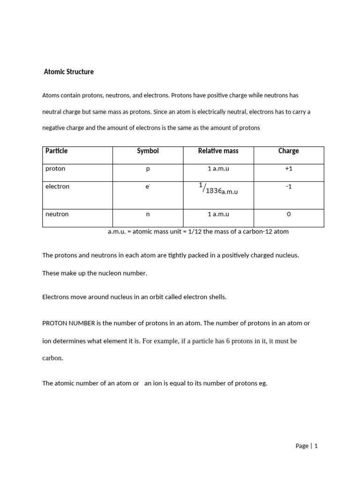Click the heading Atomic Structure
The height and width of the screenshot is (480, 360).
click(x=68, y=72)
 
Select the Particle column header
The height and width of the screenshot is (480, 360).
click(x=56, y=151)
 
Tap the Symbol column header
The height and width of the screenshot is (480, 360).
click(x=148, y=151)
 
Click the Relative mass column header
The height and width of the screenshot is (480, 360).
click(x=218, y=151)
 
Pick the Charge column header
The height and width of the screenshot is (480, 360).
click(x=288, y=151)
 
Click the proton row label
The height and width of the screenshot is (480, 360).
click(x=55, y=169)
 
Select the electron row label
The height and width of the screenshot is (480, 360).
click(x=57, y=187)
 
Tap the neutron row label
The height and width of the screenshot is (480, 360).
click(x=57, y=214)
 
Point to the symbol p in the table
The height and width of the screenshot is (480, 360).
click(x=148, y=169)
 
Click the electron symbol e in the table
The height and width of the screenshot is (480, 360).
click(x=148, y=187)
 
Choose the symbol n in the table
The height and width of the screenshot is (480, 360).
click(x=148, y=214)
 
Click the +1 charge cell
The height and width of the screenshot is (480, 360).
click(x=288, y=169)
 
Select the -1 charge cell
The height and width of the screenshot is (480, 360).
click(x=288, y=187)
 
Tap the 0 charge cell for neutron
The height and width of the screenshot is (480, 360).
click(x=288, y=214)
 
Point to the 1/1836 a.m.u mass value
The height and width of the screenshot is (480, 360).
click(x=218, y=189)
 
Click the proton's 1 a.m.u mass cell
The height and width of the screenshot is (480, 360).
click(x=218, y=169)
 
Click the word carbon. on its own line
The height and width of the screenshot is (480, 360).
click(x=52, y=358)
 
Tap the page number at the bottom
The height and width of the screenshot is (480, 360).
click(x=316, y=446)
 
